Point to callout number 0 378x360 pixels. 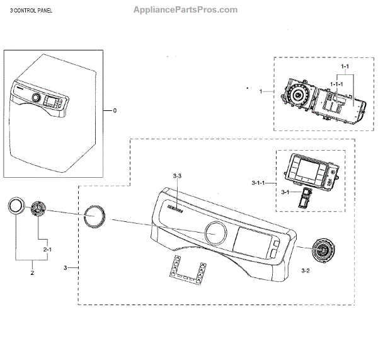pyautogui.click(x=115, y=111)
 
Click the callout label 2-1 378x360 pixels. pyautogui.click(x=47, y=250)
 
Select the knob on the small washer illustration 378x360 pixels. pyautogui.click(x=36, y=99)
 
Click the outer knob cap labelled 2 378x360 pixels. pyautogui.click(x=16, y=207)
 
